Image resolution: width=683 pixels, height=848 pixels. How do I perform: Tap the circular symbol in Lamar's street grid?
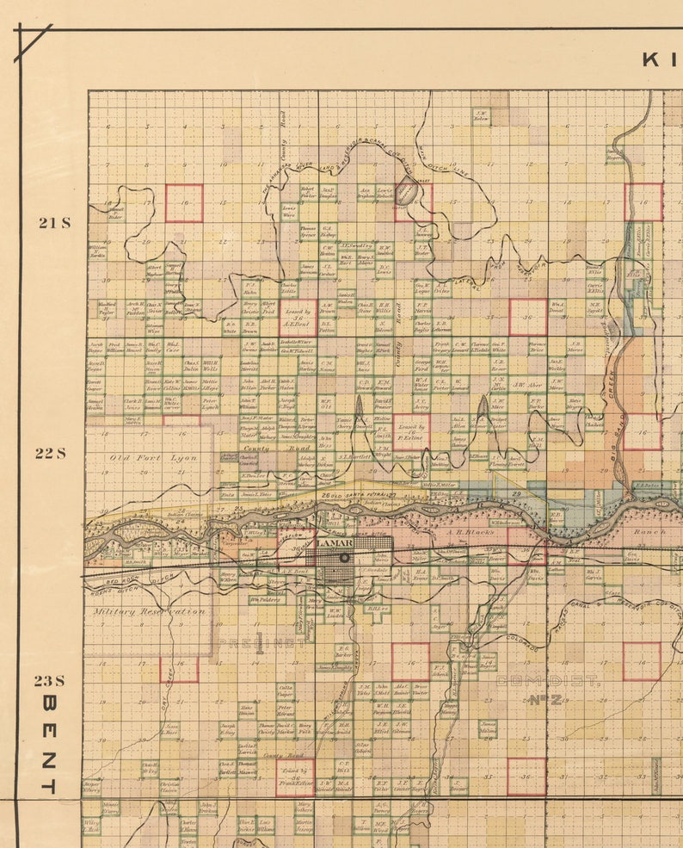[345, 558]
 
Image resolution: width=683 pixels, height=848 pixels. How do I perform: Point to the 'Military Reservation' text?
[148, 611]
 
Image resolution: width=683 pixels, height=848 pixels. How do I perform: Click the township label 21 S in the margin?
[53, 222]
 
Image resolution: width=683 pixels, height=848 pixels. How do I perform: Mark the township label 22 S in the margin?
[50, 453]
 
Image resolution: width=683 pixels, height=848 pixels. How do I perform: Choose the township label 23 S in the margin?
[50, 680]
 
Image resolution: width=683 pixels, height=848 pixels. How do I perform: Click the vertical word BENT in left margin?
[49, 744]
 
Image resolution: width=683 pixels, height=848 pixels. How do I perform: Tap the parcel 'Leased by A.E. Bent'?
[298, 316]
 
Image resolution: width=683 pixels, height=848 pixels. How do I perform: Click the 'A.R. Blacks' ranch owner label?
[470, 533]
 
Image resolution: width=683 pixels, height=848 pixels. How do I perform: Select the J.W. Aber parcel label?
[527, 385]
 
